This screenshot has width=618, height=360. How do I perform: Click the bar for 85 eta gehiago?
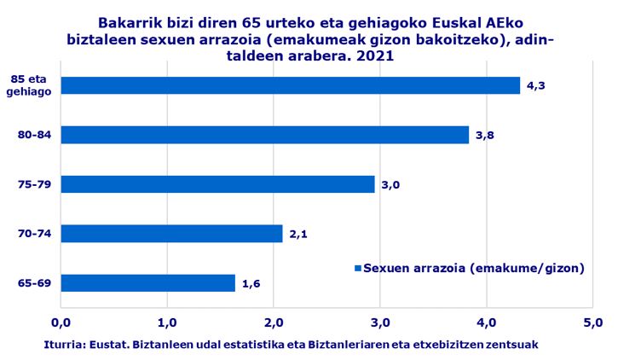(290, 85)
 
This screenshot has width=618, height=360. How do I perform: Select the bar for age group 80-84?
(264, 135)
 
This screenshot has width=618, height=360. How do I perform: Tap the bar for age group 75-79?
(217, 184)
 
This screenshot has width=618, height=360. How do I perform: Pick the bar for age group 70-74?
(171, 233)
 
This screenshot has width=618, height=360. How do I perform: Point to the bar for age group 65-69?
(147, 282)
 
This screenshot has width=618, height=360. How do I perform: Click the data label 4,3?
(535, 85)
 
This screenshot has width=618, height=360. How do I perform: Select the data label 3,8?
(484, 135)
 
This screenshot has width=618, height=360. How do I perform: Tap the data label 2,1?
(297, 233)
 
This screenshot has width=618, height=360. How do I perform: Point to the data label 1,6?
(251, 282)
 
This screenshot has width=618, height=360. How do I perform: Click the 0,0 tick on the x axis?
(61, 323)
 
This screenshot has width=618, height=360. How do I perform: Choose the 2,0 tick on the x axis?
(274, 323)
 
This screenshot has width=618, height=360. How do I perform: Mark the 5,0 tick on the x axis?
(592, 323)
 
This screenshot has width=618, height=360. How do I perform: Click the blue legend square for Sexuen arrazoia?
(358, 268)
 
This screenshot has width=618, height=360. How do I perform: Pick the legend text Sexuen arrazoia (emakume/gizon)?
(473, 268)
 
